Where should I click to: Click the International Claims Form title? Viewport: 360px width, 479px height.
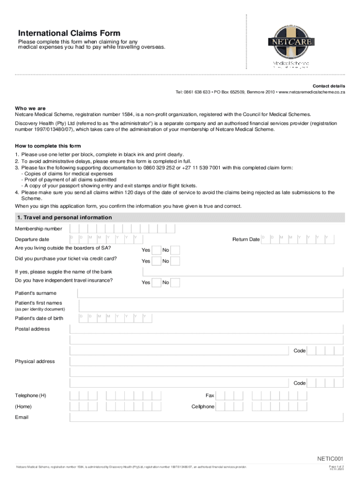69,33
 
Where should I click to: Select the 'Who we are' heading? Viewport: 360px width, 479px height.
30,108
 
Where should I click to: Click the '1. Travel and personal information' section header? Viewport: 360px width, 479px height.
64,218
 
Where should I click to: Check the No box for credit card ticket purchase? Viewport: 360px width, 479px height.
175,261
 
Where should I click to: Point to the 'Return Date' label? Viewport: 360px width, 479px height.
246,239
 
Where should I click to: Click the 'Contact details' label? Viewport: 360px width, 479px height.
329,86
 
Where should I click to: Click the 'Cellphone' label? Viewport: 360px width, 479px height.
203,406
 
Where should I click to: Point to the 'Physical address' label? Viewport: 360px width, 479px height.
35,362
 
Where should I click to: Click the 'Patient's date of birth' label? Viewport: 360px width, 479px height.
39,319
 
